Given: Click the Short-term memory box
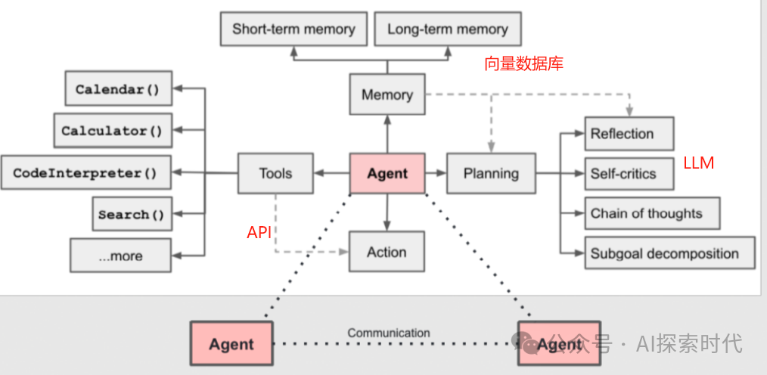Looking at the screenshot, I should (x=293, y=29).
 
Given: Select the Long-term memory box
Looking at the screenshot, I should (x=448, y=29).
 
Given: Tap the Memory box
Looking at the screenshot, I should (x=387, y=95).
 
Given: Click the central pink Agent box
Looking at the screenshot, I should (x=387, y=173).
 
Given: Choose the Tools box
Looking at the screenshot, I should (x=275, y=173).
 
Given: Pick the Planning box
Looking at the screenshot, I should (x=491, y=173).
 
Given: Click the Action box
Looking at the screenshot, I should (x=387, y=252).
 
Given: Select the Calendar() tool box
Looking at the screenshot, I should (x=118, y=88).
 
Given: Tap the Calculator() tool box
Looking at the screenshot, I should (x=113, y=130).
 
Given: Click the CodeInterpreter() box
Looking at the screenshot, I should (x=86, y=172).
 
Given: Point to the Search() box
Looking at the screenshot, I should (x=132, y=214).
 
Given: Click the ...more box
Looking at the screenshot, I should (x=121, y=256).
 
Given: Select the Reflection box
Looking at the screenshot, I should (x=629, y=134).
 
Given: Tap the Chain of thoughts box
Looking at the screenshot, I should (x=651, y=213).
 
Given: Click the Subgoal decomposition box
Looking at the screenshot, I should (x=669, y=253).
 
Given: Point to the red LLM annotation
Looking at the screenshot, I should (x=698, y=163).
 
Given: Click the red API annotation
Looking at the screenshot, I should (x=259, y=233).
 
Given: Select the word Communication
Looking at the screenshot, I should (x=389, y=333).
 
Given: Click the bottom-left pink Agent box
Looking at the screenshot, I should (x=231, y=344).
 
